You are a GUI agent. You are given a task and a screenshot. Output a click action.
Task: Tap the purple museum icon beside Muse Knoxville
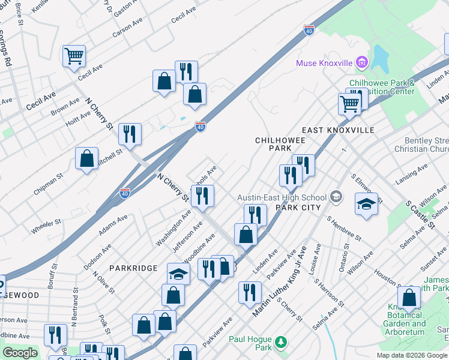click(x=361, y=62)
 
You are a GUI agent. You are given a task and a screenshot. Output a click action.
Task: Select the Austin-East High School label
click(x=282, y=197)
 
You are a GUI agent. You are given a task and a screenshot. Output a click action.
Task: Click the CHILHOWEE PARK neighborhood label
click(x=281, y=144)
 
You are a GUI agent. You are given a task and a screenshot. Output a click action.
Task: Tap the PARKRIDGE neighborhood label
click(x=133, y=268)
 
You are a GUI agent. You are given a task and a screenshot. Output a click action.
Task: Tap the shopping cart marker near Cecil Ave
click(x=74, y=56)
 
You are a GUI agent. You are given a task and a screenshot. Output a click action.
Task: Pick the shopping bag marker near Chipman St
click(x=87, y=158)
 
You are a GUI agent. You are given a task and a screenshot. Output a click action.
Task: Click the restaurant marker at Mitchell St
click(x=130, y=134)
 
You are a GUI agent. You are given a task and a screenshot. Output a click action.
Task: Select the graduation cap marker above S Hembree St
click(x=366, y=204)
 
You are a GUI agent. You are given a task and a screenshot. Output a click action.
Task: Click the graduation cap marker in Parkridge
click(x=178, y=274)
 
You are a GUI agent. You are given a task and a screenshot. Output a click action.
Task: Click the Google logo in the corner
click(x=20, y=353)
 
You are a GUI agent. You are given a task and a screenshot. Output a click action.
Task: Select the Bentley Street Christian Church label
click(x=421, y=144)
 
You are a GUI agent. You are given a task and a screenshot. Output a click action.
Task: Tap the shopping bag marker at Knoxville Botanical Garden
click(x=409, y=298)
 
